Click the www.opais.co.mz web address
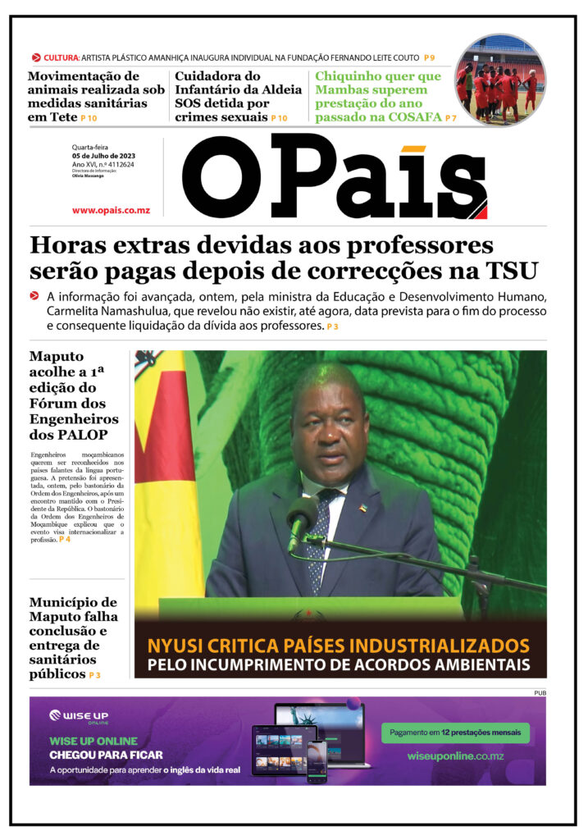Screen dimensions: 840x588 click(111, 210)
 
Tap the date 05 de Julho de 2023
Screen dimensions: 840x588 click(104, 156)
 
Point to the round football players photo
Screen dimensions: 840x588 click(500, 80)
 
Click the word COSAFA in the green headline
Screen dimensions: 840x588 click(413, 117)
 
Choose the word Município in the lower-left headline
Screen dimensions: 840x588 click(73, 603)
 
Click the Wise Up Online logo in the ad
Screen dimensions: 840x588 click(79, 717)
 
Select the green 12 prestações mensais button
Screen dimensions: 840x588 click(455, 733)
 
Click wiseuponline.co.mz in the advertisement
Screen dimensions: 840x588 click(455, 756)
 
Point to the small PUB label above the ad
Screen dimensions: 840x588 click(539, 693)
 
